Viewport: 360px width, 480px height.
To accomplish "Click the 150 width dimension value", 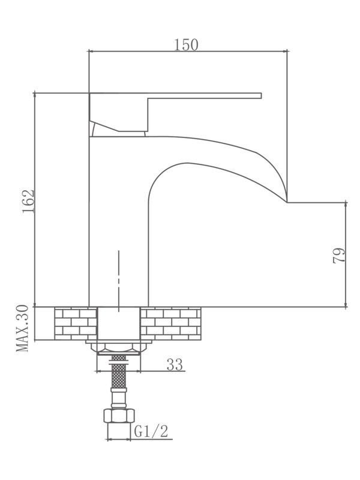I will pos(186,44).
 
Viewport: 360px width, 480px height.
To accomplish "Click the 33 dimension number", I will pos(175,364).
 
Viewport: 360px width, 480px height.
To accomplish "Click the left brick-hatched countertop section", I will pos(75,323).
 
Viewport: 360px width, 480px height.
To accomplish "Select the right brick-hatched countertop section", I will pos(170,323).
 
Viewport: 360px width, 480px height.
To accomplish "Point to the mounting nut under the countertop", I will pos(119,347).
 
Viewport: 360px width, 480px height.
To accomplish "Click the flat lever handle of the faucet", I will pos(204,95).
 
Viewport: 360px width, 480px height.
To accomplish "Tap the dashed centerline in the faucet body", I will pos(119,279).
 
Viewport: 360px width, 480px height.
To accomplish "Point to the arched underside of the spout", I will pos(180,165).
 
